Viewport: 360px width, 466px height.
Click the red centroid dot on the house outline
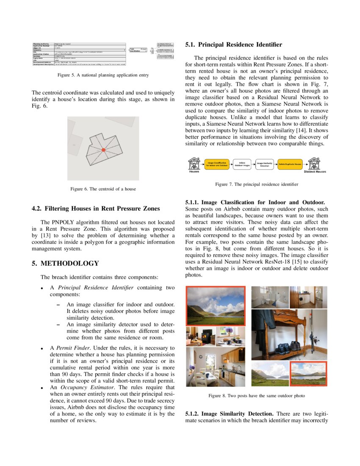pos(103,150)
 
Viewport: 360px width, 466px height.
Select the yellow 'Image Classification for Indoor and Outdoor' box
pos(216,164)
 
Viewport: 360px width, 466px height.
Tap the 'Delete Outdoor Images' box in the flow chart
pos(242,164)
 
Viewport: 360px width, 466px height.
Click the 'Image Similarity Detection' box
pos(265,164)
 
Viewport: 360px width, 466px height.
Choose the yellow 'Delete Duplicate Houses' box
pos(290,164)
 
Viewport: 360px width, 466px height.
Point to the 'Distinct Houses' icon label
pos(315,172)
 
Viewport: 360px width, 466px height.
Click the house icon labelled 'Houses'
pos(194,163)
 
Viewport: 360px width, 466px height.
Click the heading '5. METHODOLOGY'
pos(65,264)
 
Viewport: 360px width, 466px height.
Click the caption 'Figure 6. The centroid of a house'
pos(103,189)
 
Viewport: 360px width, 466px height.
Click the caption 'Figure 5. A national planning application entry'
pos(103,75)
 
